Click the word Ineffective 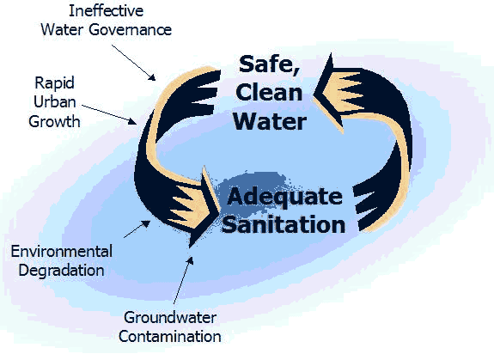point(107,11)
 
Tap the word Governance point(130,30)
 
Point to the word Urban point(55,102)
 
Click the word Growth point(54,122)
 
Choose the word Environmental point(62,252)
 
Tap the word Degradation point(62,271)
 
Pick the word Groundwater point(170,318)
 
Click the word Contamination point(170,337)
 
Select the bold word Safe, point(269,65)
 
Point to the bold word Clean point(269,92)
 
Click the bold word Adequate point(285,198)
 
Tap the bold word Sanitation point(284,224)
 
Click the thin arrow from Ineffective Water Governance point(133,63)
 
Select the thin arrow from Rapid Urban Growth point(109,114)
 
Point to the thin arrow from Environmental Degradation point(137,229)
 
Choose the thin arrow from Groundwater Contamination point(183,280)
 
